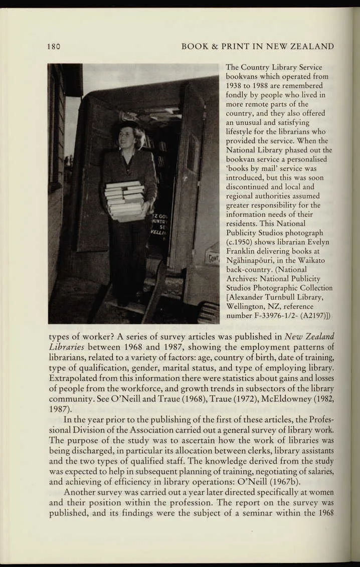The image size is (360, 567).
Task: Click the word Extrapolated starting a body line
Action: point(73,377)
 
